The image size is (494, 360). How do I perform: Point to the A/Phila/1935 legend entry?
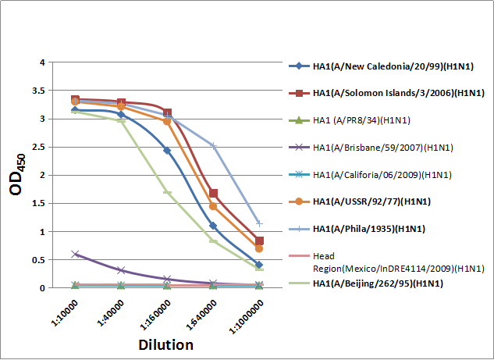(371, 229)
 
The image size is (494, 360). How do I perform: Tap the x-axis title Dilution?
(165, 344)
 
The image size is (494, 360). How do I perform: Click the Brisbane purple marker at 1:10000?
(75, 254)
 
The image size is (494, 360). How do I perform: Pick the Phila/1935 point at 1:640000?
(213, 145)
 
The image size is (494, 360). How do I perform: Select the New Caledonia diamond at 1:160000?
(167, 150)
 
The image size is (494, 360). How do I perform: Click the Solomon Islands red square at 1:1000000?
(259, 241)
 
